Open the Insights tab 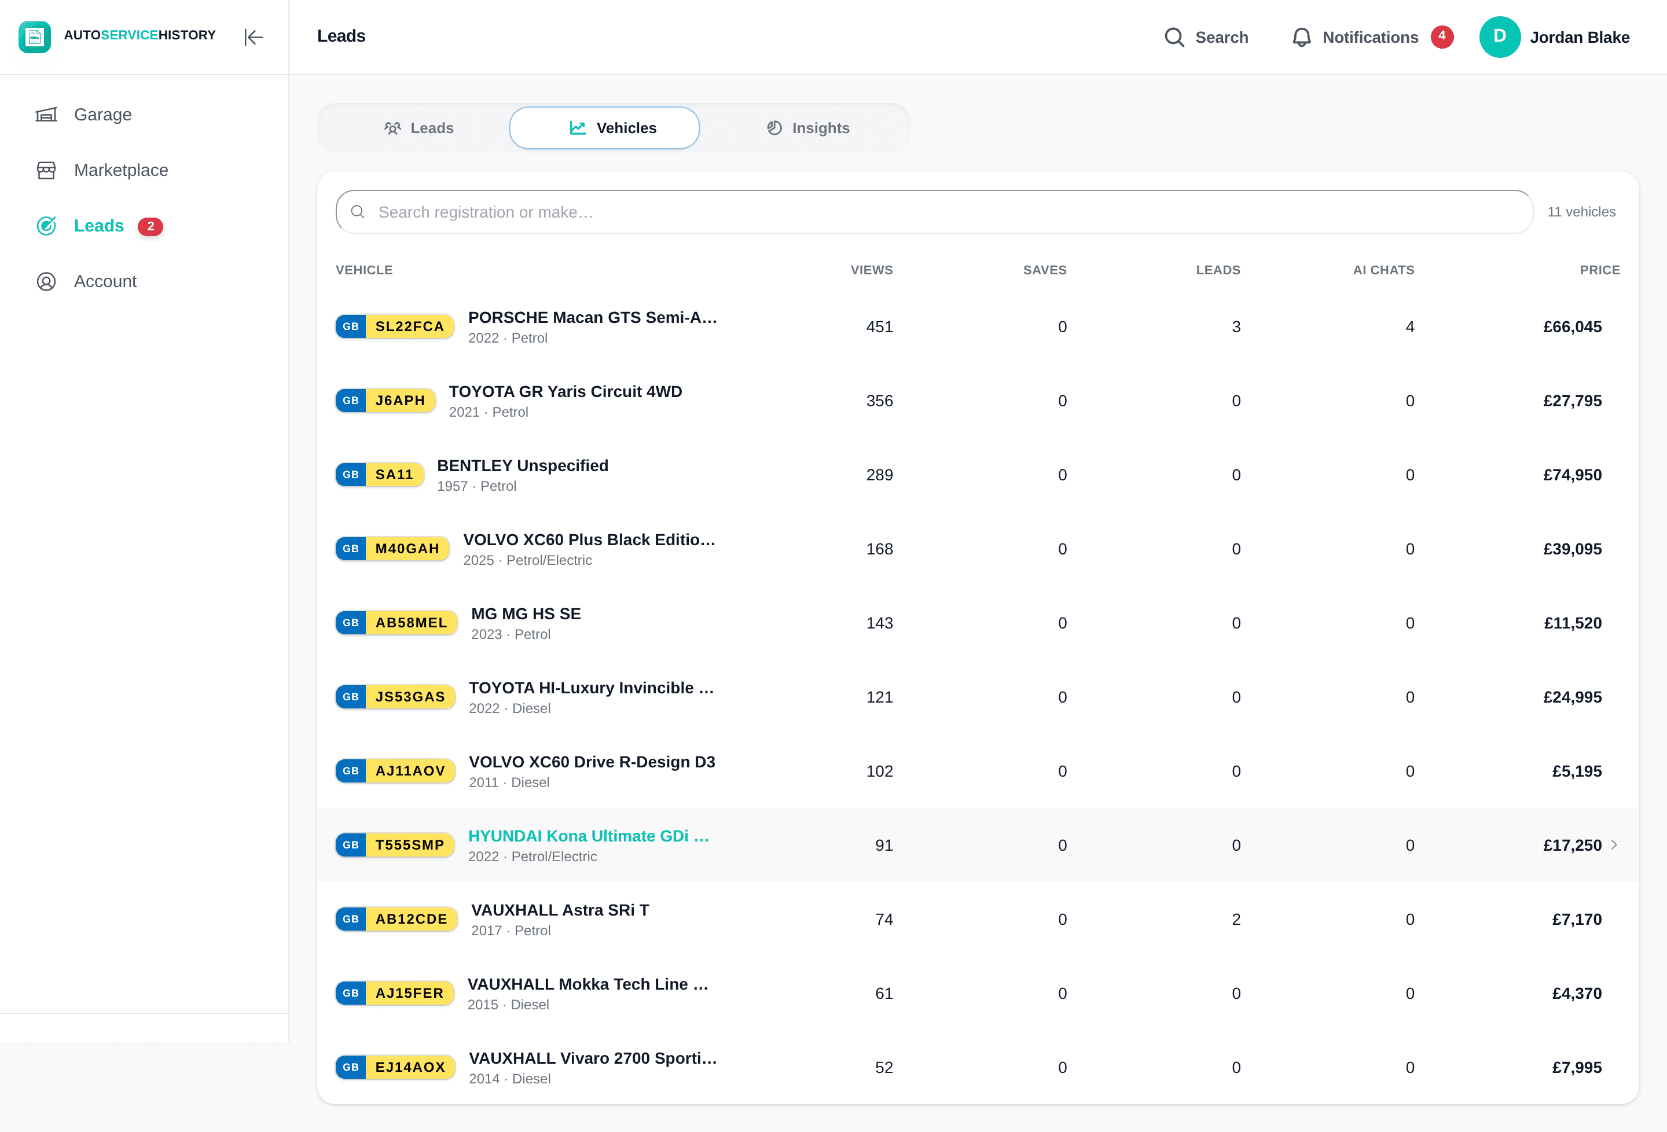tap(807, 128)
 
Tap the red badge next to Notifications tap(1442, 36)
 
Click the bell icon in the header tap(1301, 37)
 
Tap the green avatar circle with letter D tap(1499, 36)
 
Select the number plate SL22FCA tap(395, 326)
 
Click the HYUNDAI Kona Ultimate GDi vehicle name tap(588, 836)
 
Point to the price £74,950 tap(1572, 475)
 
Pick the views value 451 tap(879, 326)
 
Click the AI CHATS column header tap(1383, 270)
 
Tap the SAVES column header tap(1044, 270)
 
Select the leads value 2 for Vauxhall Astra tap(1236, 919)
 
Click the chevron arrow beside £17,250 tap(1614, 844)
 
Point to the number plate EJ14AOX tap(395, 1067)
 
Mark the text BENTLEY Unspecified tap(522, 465)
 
